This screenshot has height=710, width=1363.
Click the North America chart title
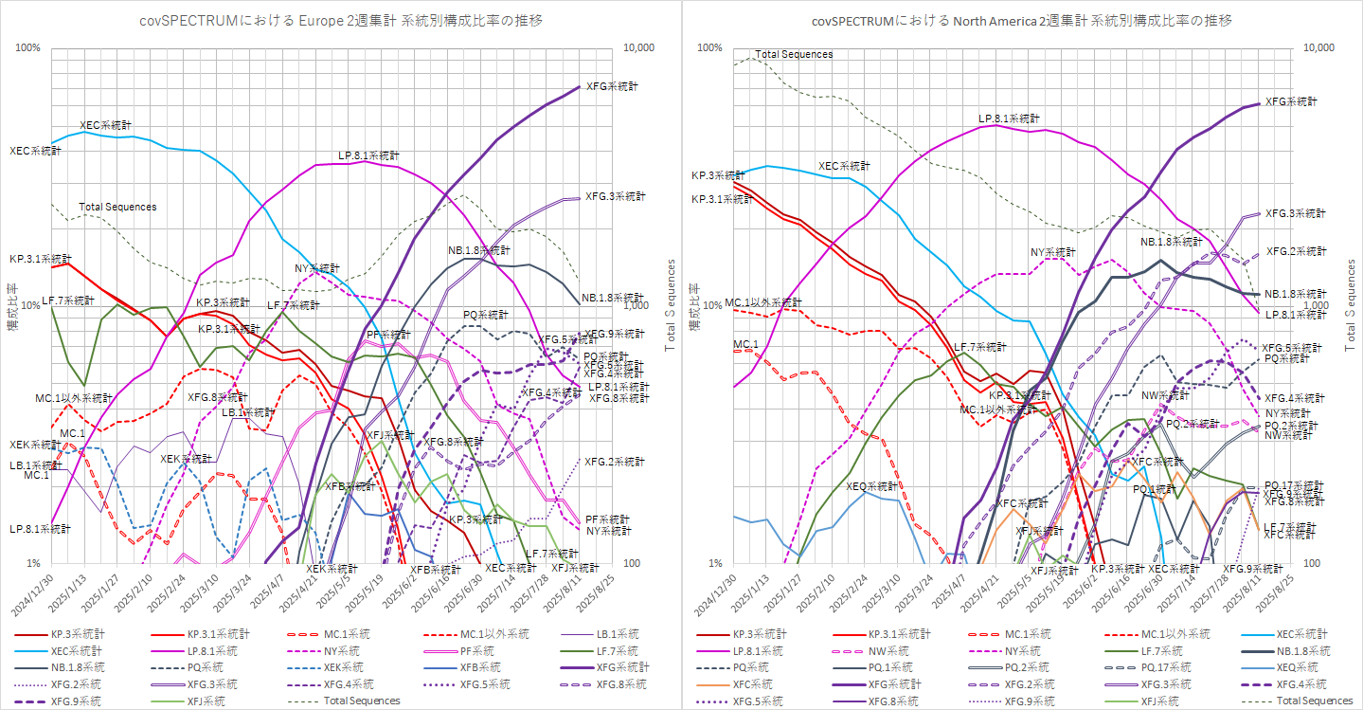coord(1022,20)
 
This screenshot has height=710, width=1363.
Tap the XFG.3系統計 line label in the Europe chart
coord(615,196)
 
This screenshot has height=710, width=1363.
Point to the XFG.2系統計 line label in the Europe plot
coord(615,462)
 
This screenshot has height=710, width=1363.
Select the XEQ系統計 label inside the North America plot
coord(870,485)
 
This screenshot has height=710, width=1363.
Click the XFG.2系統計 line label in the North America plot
coord(1296,251)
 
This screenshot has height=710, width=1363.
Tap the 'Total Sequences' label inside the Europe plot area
coord(117,207)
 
